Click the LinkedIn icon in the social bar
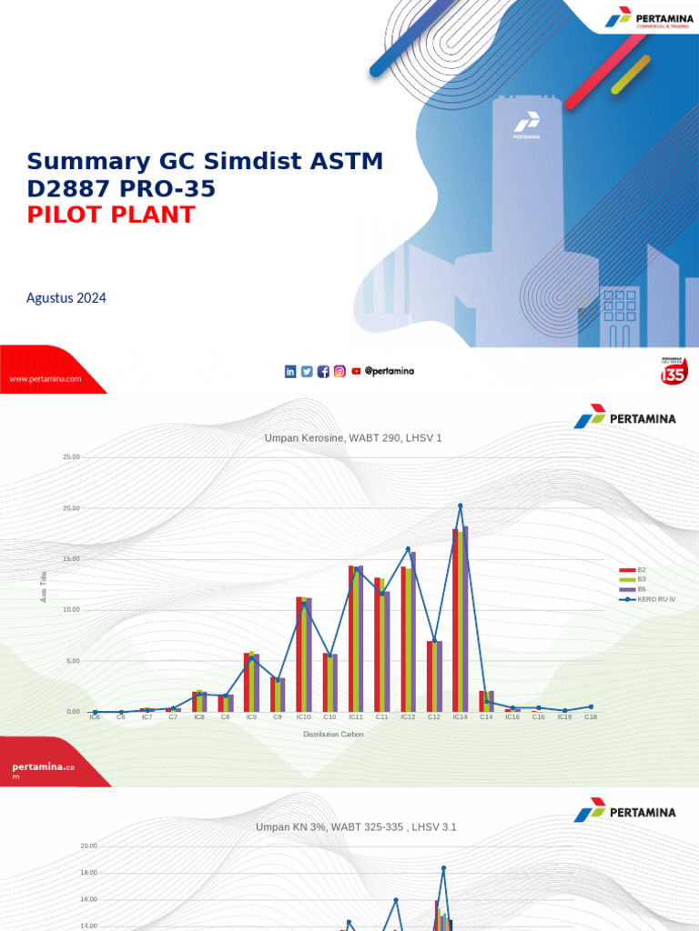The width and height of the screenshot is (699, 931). click(x=290, y=371)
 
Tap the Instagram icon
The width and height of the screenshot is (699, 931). click(x=339, y=371)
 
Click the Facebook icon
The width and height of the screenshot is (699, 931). click(x=323, y=371)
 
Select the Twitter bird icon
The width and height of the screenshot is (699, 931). click(x=307, y=371)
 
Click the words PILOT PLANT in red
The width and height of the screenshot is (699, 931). click(x=111, y=215)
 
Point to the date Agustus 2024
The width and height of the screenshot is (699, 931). click(x=66, y=297)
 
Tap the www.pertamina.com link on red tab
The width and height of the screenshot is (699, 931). click(x=46, y=378)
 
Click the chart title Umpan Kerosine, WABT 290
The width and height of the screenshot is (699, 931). click(x=352, y=438)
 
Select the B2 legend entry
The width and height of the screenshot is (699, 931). click(x=641, y=570)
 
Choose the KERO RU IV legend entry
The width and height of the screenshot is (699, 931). click(x=655, y=599)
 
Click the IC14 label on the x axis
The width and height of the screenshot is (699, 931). click(x=460, y=717)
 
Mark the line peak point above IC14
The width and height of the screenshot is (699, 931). click(x=461, y=506)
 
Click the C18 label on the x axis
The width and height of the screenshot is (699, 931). click(x=590, y=717)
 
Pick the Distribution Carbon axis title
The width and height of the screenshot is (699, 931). click(x=333, y=735)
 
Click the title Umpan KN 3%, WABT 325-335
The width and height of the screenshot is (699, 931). click(x=356, y=827)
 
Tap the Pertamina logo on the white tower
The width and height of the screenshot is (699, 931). click(x=526, y=126)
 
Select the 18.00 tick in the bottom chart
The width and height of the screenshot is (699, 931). click(x=88, y=873)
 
